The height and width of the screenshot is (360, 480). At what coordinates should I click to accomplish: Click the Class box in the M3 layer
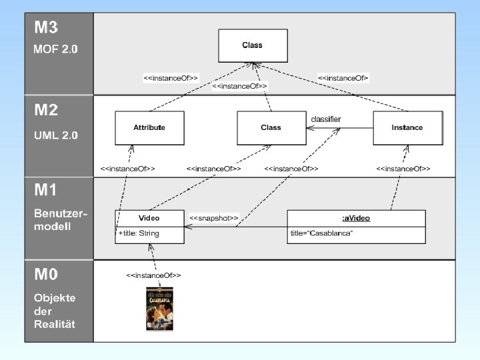tap(253, 45)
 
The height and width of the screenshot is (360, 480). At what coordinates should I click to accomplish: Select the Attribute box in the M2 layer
tap(149, 127)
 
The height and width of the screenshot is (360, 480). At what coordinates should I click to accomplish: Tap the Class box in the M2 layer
tap(271, 127)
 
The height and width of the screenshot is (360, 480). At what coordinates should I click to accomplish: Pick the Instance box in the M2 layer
tap(407, 127)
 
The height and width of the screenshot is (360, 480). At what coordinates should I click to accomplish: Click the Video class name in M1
tap(149, 218)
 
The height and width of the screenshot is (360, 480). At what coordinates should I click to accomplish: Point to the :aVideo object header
tap(356, 218)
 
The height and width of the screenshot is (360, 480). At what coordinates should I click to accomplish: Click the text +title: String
tap(139, 234)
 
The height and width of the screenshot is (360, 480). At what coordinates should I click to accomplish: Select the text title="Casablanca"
tap(321, 234)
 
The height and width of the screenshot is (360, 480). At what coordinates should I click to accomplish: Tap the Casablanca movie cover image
tap(159, 309)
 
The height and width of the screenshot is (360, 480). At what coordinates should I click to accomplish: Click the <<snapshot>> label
tap(213, 218)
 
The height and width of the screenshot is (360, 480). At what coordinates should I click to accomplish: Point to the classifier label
tap(326, 119)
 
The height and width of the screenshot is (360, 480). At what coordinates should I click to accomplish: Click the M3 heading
tap(46, 28)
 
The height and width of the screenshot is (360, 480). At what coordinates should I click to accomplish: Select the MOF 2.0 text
tap(56, 49)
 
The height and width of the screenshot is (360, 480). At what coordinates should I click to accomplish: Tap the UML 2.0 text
tap(56, 135)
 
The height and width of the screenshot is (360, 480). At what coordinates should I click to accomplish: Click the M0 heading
tap(46, 275)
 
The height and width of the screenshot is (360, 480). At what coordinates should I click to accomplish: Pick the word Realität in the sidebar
tap(54, 324)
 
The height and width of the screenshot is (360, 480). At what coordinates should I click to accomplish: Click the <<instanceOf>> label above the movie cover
tap(153, 275)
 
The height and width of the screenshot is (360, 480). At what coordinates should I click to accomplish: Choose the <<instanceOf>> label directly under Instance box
tap(403, 169)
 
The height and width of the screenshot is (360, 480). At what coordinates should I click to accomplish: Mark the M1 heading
tap(46, 190)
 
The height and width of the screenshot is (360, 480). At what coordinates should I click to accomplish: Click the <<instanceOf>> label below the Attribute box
tap(127, 169)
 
